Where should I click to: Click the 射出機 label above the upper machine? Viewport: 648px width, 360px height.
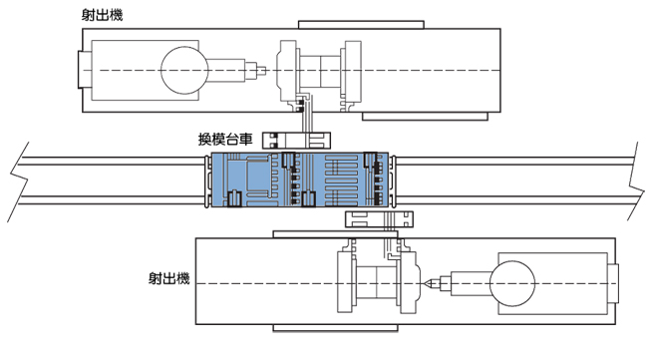[x=102, y=15]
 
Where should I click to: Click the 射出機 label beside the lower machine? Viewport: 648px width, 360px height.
[x=169, y=278]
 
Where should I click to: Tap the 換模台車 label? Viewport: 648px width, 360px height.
[x=225, y=140]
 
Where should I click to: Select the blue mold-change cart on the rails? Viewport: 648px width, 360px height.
[x=300, y=180]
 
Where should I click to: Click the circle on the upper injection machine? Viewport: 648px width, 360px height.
[x=184, y=70]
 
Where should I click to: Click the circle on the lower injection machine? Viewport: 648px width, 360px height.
[x=512, y=283]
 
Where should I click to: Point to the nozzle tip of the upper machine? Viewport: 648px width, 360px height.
[x=265, y=70]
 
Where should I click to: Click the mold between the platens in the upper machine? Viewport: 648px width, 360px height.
[x=320, y=71]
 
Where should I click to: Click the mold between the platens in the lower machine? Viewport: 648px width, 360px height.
[x=377, y=283]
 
